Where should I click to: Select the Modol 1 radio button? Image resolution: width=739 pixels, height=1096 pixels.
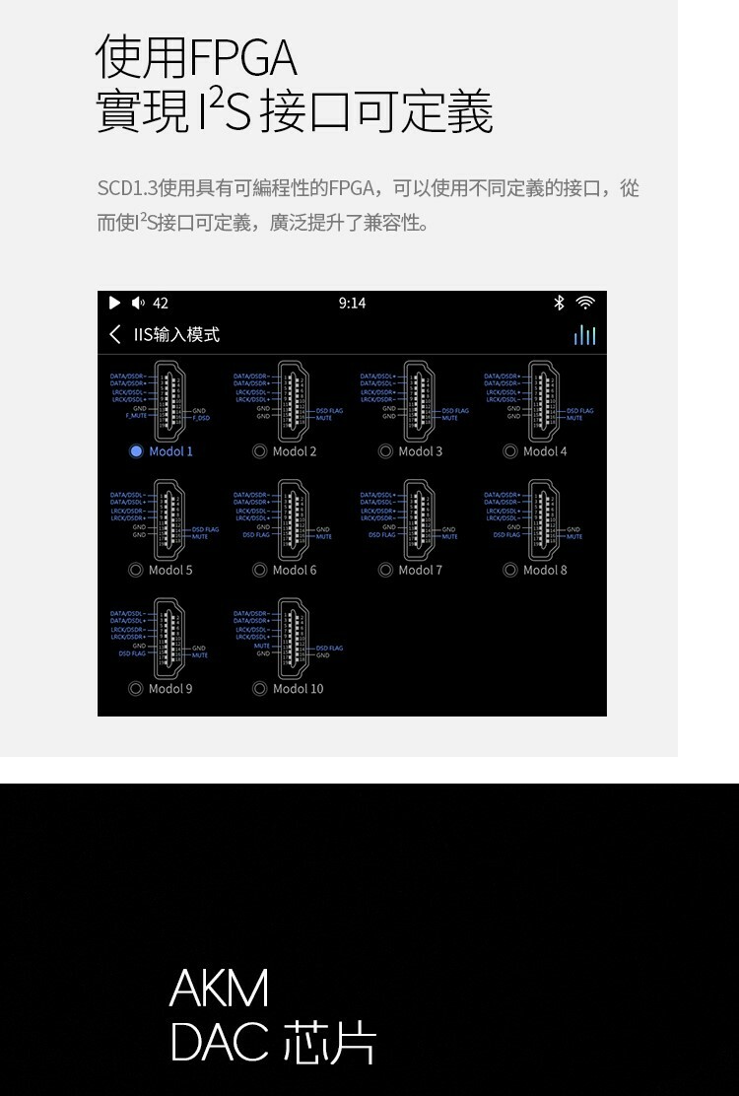tap(136, 451)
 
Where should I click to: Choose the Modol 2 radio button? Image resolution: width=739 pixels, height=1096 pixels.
tap(260, 451)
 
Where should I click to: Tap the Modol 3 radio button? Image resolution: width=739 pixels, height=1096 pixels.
tap(385, 451)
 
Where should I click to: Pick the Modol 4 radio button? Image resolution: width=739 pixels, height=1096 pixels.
tap(510, 451)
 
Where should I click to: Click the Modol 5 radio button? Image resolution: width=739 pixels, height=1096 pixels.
tap(136, 570)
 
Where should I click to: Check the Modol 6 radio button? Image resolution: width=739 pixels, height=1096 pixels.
tap(260, 570)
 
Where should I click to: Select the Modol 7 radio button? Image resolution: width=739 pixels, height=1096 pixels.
tap(385, 570)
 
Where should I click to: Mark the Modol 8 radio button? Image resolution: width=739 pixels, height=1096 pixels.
tap(510, 570)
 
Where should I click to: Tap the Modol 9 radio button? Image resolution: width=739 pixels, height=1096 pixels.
tap(136, 689)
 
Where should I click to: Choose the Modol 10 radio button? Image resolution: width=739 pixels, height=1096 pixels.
tap(260, 689)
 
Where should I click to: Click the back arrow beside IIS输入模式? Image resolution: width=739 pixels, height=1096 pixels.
tap(115, 335)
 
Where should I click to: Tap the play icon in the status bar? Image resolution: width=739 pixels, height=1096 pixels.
tap(114, 303)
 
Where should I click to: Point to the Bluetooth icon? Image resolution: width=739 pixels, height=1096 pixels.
tap(559, 303)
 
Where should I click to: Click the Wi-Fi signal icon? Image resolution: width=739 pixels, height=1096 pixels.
tap(585, 303)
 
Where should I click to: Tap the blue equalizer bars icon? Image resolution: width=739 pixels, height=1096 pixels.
tap(584, 335)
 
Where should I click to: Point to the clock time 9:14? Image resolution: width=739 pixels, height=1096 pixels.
tap(352, 304)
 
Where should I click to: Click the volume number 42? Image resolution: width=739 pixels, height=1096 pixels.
tap(161, 304)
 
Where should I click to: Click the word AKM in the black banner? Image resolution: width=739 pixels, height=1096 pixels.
tap(219, 989)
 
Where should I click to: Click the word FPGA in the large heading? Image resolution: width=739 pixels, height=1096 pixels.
tap(242, 58)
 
